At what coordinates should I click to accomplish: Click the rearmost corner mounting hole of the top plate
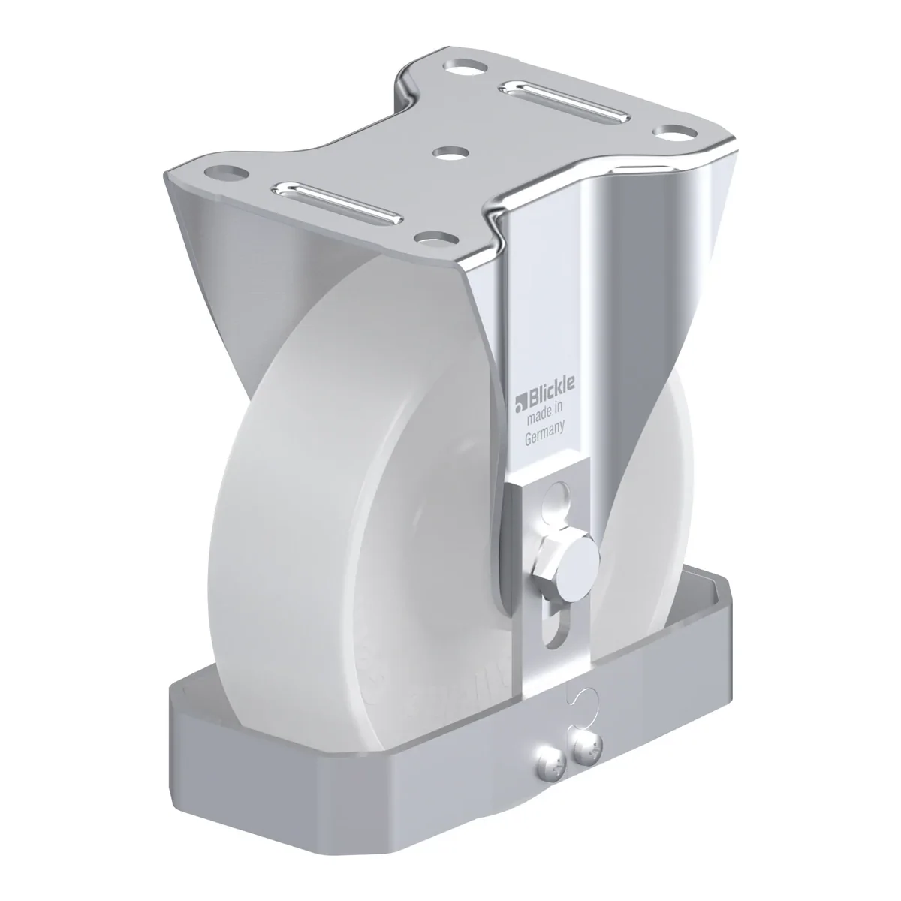[466, 65]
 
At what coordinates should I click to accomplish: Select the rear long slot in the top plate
[564, 104]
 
